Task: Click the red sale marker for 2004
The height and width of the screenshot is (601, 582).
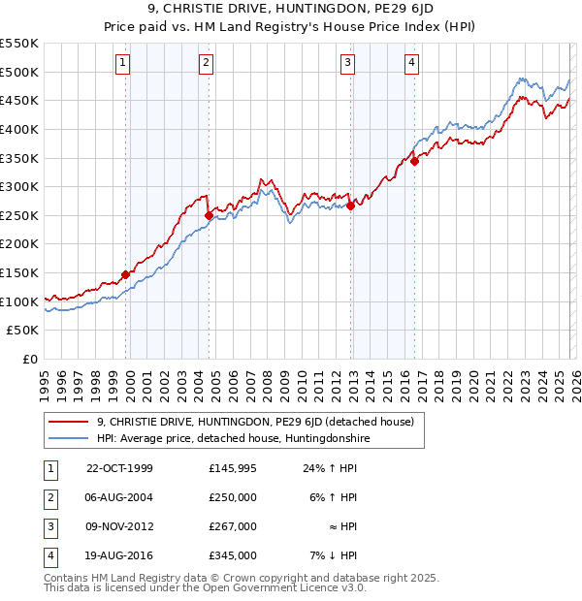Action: click(209, 215)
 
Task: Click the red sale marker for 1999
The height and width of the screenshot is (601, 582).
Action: click(126, 274)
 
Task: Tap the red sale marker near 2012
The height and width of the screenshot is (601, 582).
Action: click(350, 206)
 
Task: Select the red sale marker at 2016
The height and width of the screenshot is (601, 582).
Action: click(414, 161)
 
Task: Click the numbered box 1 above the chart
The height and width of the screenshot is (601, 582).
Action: click(123, 64)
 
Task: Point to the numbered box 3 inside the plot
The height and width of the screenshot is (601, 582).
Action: click(347, 64)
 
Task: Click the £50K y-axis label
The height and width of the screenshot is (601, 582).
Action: click(23, 331)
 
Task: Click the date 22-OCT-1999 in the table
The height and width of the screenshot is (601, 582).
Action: click(119, 468)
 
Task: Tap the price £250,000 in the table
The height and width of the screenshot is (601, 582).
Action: click(233, 497)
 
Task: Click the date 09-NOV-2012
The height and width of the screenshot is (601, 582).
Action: click(119, 526)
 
